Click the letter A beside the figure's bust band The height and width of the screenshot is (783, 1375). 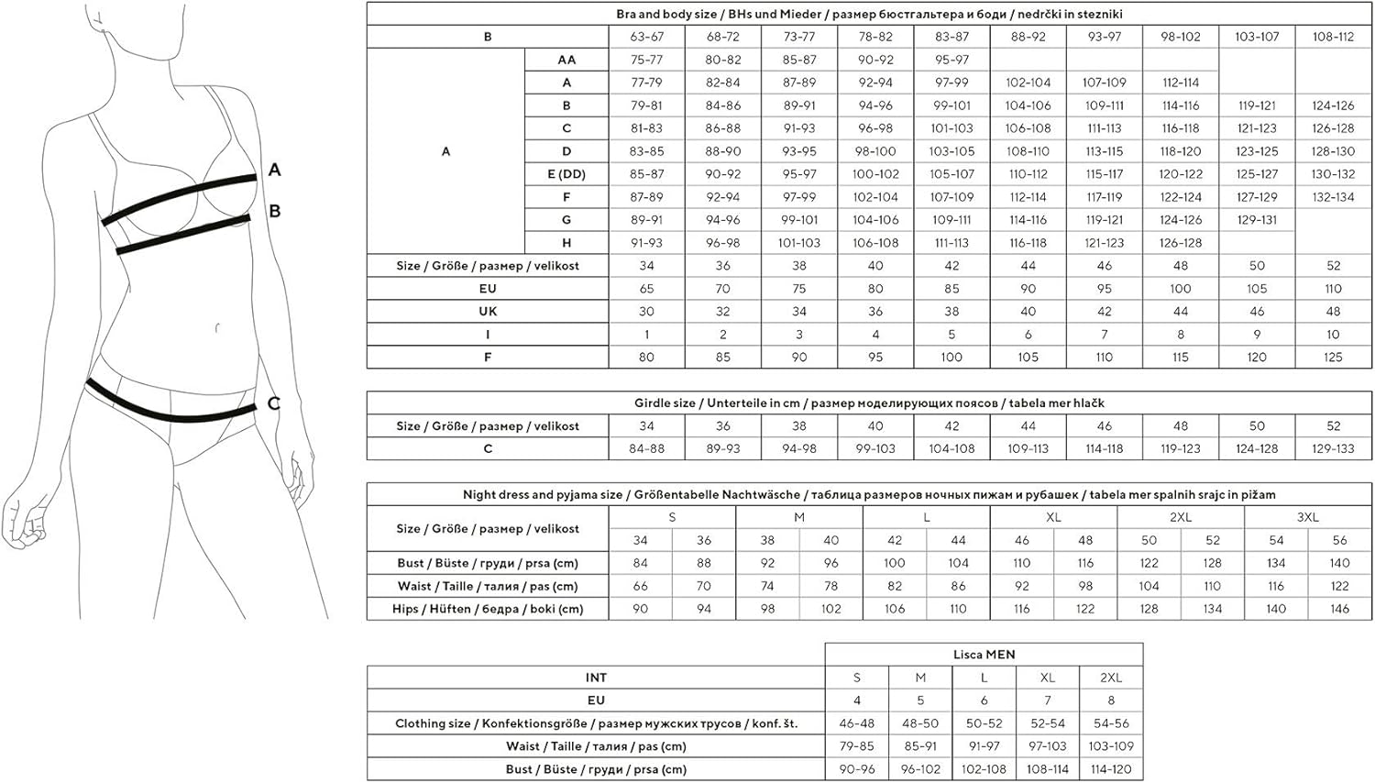(274, 170)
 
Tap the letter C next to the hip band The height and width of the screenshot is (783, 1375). (273, 403)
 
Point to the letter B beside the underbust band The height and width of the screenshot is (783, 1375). (274, 211)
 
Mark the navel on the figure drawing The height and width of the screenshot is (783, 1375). (216, 326)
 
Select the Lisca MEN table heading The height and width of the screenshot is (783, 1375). (984, 655)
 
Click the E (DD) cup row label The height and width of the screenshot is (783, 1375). (566, 174)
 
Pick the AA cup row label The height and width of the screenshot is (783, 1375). (566, 60)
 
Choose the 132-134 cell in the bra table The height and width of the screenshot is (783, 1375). (1333, 197)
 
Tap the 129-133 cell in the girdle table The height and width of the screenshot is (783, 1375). (1333, 448)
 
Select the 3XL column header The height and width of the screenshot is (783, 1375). (1307, 517)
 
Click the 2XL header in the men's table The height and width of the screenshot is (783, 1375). (1110, 678)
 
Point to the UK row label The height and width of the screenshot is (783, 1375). (488, 312)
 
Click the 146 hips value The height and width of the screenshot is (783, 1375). (1339, 609)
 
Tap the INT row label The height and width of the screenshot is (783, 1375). (596, 678)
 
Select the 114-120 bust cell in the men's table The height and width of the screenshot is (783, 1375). (1110, 769)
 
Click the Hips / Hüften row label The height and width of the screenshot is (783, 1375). (488, 609)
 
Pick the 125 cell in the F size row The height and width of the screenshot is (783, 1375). (1333, 358)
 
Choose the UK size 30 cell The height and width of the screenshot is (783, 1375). (646, 312)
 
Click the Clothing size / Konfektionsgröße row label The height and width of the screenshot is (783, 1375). (596, 723)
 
